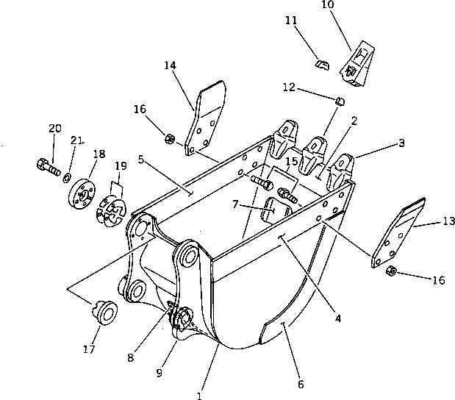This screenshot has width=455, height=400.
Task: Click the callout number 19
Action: coord(121,165)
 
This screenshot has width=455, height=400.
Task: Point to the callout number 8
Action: coord(130,358)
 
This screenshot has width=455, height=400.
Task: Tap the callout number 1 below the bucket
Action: coord(198,396)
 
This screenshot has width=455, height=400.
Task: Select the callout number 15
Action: coord(291,160)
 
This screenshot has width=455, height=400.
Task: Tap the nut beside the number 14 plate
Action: coord(168,137)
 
